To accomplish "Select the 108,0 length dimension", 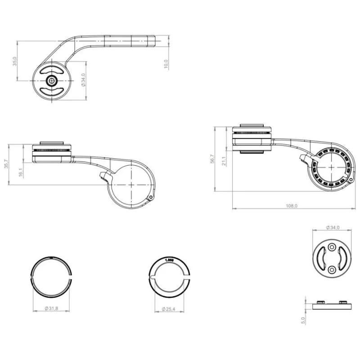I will point(292,206).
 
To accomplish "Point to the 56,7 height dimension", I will point(212,159).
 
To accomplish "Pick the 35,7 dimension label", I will point(6,165).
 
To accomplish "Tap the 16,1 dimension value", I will point(21,172).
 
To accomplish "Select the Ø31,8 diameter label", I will point(52,308).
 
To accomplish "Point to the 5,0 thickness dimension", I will point(303,320).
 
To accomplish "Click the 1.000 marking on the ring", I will point(170,260).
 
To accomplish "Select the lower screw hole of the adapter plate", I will point(332,269).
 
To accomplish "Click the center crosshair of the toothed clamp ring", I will point(332,167).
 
